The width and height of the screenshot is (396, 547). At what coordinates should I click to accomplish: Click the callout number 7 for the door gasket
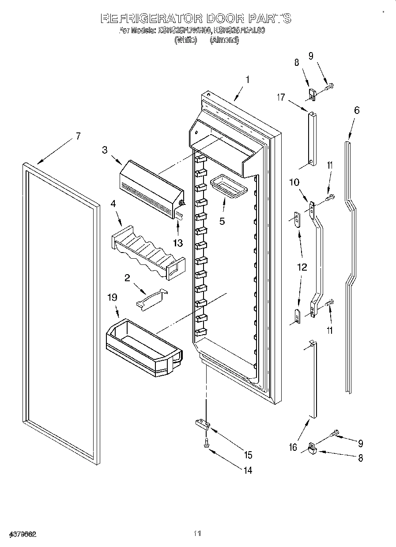click(x=78, y=136)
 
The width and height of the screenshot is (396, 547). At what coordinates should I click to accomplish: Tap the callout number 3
click(x=105, y=150)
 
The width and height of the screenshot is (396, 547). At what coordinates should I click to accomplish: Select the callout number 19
click(x=113, y=298)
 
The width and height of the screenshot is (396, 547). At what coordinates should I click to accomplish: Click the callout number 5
click(x=222, y=221)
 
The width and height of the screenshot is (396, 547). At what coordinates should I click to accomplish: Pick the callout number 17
click(x=281, y=98)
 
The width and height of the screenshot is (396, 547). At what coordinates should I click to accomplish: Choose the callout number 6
click(x=357, y=110)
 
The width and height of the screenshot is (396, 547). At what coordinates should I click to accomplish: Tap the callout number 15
click(x=248, y=455)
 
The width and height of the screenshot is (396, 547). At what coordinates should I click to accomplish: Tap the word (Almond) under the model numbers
click(x=224, y=40)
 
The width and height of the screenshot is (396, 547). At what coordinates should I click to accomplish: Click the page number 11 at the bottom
click(x=197, y=534)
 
